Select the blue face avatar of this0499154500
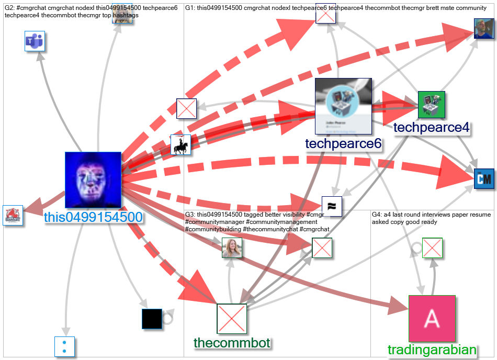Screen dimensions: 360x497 coord(93,180)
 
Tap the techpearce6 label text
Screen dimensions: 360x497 coord(343,144)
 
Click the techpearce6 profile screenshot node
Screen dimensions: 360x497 coord(343,106)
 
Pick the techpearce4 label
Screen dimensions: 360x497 coord(431,128)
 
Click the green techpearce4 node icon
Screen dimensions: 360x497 coord(432,105)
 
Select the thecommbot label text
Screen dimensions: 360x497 coord(232,343)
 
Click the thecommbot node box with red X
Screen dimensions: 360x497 coord(232,318)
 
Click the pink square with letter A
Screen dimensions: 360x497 coord(432,318)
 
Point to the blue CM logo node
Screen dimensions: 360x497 coord(483,179)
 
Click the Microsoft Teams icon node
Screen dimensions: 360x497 coord(35,41)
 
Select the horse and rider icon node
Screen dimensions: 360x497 coord(180,145)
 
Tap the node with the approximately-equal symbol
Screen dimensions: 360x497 coord(332,206)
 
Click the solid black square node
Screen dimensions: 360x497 coord(152,319)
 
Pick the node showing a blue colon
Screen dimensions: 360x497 coord(65,346)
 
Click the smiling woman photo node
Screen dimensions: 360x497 coord(232,248)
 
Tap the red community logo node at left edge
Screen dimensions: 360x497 coord(13,215)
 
